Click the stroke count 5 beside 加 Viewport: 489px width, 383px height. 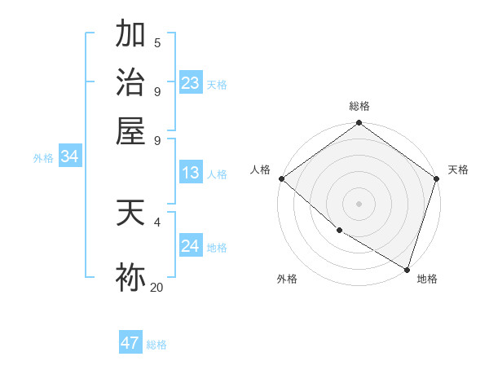156,43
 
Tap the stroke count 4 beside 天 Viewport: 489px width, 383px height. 156,221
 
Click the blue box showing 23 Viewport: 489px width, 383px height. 191,83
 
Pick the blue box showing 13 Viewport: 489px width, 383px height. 191,173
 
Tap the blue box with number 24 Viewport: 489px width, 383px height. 191,246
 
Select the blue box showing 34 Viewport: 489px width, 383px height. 69,156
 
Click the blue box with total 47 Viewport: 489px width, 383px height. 130,343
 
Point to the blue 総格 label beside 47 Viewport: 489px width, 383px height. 156,345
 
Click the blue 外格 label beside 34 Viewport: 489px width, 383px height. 43,158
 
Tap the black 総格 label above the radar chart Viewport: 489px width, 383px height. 359,106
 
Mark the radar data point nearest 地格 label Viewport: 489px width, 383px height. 407,269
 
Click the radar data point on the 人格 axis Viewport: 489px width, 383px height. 281,178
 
